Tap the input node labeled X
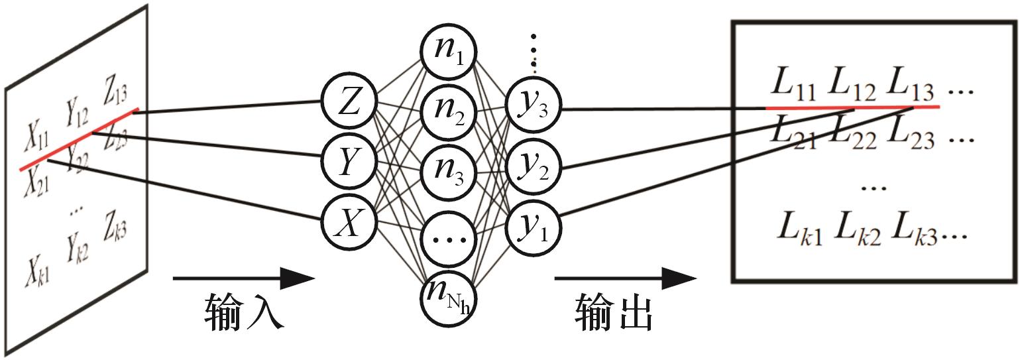pyautogui.click(x=349, y=219)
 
